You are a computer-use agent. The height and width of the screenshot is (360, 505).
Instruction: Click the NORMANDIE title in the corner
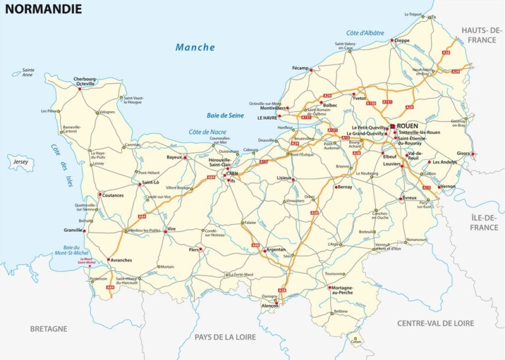point(44,9)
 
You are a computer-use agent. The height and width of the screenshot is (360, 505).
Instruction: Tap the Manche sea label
point(195,47)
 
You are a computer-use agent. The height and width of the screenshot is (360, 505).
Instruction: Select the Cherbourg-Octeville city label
point(85,81)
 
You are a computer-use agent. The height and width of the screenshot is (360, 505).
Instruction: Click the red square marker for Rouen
point(393,126)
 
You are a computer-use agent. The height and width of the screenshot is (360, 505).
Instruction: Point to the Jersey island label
point(20,160)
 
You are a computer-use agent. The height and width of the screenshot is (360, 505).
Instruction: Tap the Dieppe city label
point(401,40)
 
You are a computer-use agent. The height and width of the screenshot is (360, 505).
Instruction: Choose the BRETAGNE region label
point(49,328)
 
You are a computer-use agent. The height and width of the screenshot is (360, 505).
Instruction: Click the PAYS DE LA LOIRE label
point(229,337)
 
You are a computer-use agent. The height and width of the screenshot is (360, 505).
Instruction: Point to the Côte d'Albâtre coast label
point(364,33)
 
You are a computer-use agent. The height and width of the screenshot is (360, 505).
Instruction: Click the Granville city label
point(73,230)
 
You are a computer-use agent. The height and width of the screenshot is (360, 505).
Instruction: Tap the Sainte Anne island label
point(28,72)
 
